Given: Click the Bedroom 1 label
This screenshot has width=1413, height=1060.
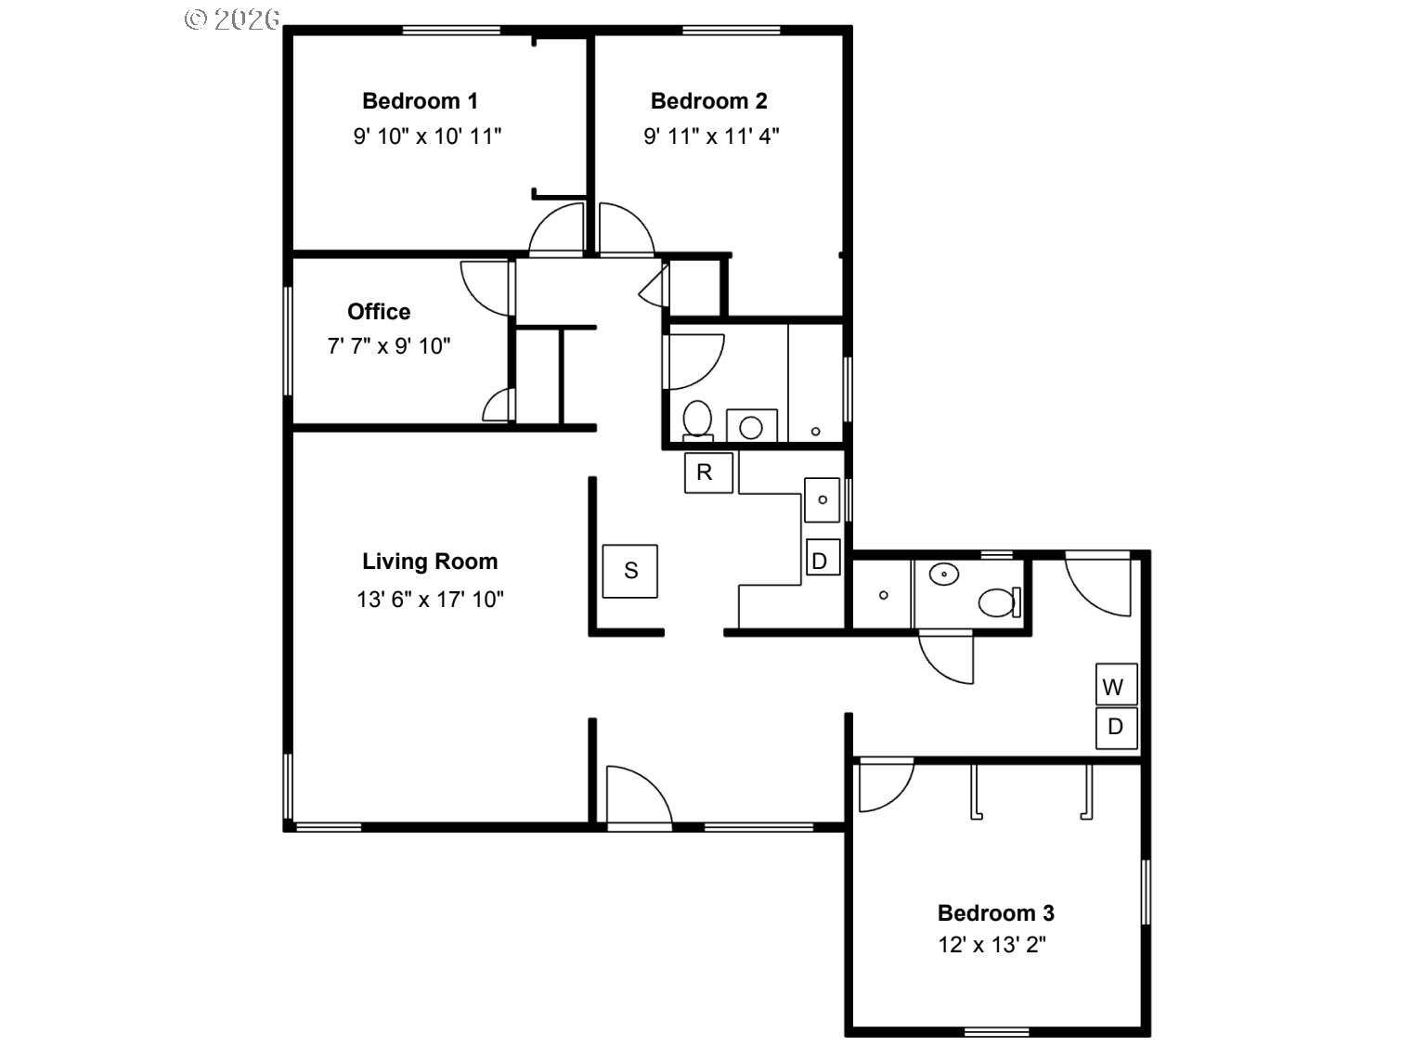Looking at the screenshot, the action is pyautogui.click(x=420, y=101).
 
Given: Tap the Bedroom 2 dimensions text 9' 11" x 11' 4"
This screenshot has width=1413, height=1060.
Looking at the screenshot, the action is pyautogui.click(x=711, y=136).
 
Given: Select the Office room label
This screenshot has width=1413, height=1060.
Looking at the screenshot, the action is pyautogui.click(x=379, y=312).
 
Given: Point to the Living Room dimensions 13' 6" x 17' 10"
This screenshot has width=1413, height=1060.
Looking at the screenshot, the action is pyautogui.click(x=430, y=600).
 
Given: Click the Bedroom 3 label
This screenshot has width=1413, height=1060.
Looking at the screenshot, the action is pyautogui.click(x=996, y=912).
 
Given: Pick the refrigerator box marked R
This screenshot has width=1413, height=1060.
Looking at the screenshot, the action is pyautogui.click(x=708, y=473).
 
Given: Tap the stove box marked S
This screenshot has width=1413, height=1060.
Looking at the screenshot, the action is pyautogui.click(x=630, y=571).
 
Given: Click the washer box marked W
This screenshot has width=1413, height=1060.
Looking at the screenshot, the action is pyautogui.click(x=1116, y=684).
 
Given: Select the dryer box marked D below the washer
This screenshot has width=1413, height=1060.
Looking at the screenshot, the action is pyautogui.click(x=1116, y=728).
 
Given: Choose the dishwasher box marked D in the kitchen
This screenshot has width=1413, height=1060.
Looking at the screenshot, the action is pyautogui.click(x=823, y=557).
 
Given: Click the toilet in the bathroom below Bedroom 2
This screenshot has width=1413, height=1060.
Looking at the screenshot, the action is pyautogui.click(x=697, y=420).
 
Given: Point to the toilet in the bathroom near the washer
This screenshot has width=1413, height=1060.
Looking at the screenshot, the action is pyautogui.click(x=1000, y=603).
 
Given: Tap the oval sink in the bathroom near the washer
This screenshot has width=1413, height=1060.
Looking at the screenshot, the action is pyautogui.click(x=944, y=574).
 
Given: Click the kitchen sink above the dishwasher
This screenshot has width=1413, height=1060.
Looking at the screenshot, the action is pyautogui.click(x=822, y=500).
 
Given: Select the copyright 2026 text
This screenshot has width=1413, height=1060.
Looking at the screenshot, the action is pyautogui.click(x=232, y=19).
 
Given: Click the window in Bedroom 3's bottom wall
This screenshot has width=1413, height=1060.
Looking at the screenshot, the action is pyautogui.click(x=996, y=1031).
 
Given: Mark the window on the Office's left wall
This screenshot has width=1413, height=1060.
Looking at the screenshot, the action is pyautogui.click(x=288, y=341).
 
